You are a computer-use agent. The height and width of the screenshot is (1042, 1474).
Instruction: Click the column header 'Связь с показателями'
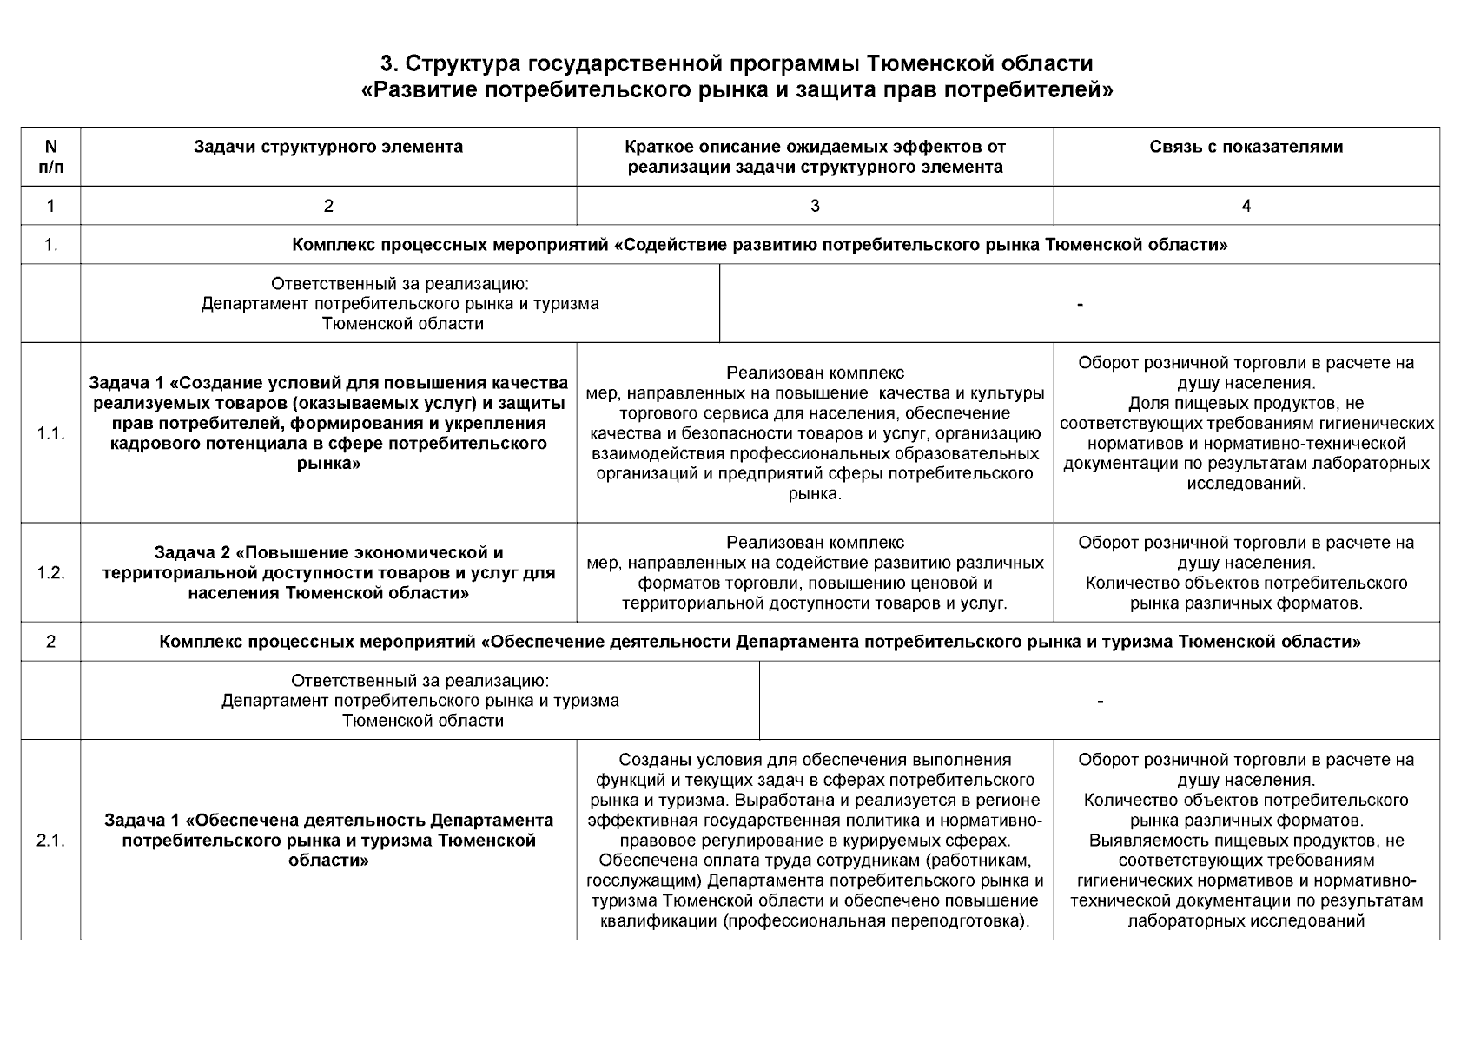point(1246,147)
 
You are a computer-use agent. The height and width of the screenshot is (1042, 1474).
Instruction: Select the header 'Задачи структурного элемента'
point(328,147)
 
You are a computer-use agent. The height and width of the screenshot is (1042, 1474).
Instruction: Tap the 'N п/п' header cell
point(50,156)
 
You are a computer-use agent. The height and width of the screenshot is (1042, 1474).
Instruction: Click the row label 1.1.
point(50,433)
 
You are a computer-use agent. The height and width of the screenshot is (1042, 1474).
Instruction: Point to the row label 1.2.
point(50,573)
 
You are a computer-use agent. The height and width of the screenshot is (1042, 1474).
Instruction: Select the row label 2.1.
point(50,841)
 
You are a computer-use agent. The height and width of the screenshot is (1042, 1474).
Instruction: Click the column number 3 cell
point(815,206)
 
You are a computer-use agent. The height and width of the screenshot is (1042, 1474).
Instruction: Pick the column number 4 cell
point(1246,206)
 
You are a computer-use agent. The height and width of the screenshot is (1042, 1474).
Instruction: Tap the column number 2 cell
point(328,206)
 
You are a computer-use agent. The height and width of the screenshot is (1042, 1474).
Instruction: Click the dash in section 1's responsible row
point(1080,304)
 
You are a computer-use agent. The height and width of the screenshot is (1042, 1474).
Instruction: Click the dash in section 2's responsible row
point(1100,701)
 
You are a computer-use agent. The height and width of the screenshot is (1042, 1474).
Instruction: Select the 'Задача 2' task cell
point(328,573)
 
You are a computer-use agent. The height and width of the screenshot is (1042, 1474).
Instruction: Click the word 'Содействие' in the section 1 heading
point(664,245)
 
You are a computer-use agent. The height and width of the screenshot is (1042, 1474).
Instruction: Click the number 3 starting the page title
point(387,64)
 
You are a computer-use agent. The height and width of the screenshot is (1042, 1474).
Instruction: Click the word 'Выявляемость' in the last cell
point(1139,841)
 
